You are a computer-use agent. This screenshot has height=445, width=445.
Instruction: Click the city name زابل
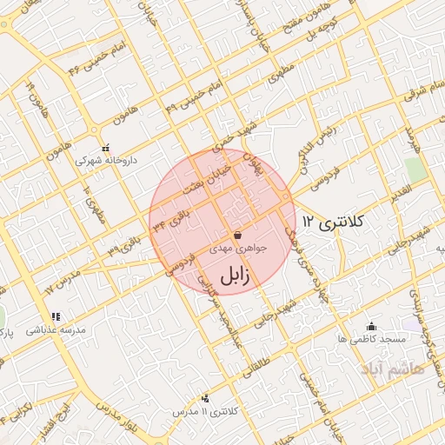click(235, 276)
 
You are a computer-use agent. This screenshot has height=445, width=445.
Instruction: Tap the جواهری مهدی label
click(238, 249)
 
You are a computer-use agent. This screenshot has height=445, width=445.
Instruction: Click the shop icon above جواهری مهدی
click(238, 236)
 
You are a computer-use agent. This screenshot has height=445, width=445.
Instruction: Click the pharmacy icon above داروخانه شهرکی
click(105, 147)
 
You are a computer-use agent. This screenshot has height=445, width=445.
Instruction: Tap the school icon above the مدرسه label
click(56, 316)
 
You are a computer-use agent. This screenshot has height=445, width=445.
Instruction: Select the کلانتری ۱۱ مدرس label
click(205, 410)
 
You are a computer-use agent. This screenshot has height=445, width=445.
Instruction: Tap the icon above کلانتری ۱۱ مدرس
click(205, 398)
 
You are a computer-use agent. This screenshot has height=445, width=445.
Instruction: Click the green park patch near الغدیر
click(416, 170)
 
